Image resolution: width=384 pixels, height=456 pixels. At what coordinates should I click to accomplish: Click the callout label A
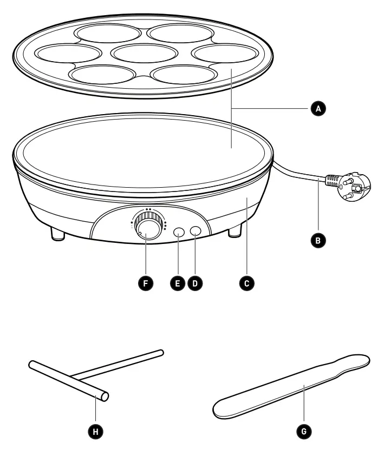(x=320, y=109)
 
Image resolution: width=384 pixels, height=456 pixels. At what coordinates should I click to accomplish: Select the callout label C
(x=248, y=282)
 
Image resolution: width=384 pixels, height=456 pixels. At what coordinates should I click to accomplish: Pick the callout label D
(x=196, y=282)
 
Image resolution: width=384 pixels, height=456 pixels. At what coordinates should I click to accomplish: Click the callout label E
(x=177, y=282)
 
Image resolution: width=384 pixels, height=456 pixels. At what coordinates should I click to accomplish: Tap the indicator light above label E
(x=179, y=232)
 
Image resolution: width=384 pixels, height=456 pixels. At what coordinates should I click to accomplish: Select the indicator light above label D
(x=196, y=232)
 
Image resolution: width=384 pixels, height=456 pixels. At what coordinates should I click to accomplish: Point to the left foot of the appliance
(x=58, y=234)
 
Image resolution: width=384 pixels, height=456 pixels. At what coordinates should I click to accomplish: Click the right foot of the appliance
(x=235, y=232)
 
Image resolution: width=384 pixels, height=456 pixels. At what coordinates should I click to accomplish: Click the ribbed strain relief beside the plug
(x=331, y=181)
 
